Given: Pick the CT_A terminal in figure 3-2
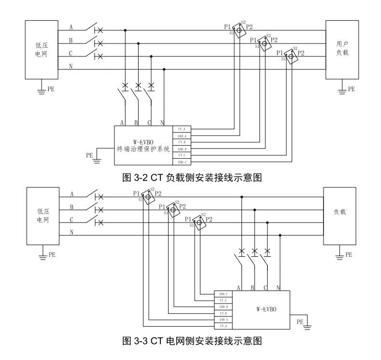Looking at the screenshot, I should pyautogui.click(x=182, y=129).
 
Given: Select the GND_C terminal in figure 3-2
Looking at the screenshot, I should pyautogui.click(x=182, y=163).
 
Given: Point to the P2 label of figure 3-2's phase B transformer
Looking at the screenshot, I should pyautogui.click(x=274, y=40).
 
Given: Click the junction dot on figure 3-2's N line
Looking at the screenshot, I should pyautogui.click(x=164, y=69).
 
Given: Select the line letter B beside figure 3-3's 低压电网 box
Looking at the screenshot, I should pyautogui.click(x=71, y=208).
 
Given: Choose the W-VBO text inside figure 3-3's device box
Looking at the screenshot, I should pyautogui.click(x=266, y=306).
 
